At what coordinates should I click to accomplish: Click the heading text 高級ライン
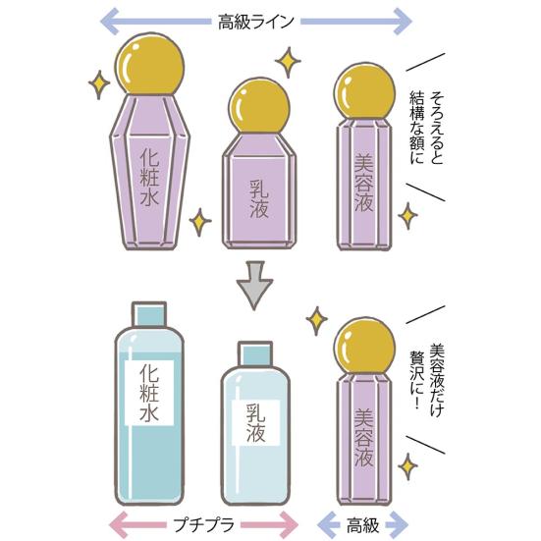coord(255,22)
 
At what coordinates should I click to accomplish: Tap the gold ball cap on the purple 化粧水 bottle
coord(150,65)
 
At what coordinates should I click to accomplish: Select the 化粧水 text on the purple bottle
coord(150,178)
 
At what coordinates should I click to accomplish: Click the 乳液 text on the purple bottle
coord(259,199)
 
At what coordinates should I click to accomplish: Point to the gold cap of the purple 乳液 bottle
coord(259,106)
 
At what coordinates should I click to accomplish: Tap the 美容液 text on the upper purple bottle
coord(364,183)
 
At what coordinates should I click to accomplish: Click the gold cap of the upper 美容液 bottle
coord(364,91)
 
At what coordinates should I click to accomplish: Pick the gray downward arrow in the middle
coord(254,285)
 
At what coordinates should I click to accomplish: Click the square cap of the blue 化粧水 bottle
coord(149,314)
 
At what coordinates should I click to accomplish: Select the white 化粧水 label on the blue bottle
coord(149,393)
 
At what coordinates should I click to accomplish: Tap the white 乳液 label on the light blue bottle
coord(255,423)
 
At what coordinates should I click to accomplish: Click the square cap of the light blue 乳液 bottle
coord(255,354)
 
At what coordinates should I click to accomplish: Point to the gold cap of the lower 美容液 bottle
coord(364,347)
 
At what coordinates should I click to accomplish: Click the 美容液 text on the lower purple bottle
coord(364,438)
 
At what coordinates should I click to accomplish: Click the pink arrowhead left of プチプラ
coord(119,525)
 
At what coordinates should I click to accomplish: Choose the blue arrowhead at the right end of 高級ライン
coord(403,22)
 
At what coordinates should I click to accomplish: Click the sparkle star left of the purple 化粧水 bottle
coord(99,84)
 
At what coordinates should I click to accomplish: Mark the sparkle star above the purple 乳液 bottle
coord(288,62)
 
